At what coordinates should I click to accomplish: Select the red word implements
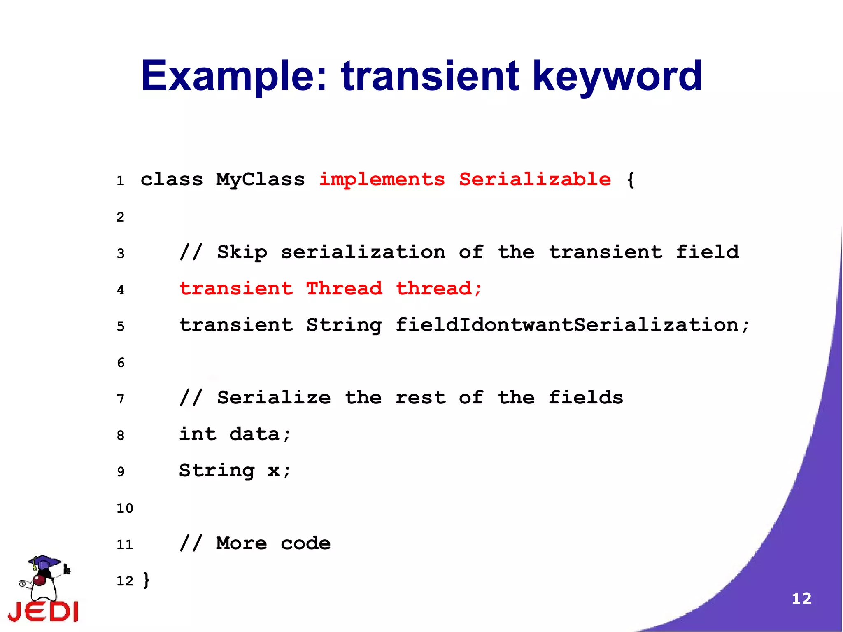click(x=382, y=180)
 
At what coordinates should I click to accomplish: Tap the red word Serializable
click(x=535, y=180)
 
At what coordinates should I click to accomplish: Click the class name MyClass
click(x=260, y=180)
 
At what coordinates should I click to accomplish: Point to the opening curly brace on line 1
click(x=630, y=180)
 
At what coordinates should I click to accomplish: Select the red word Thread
click(x=344, y=289)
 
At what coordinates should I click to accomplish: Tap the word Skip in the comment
click(x=242, y=252)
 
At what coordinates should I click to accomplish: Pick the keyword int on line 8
click(x=198, y=434)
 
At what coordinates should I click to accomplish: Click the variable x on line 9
click(x=274, y=471)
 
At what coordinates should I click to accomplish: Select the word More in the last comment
click(x=241, y=543)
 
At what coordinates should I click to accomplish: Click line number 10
click(x=125, y=508)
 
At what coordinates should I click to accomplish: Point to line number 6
click(x=121, y=363)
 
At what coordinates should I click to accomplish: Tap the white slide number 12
click(x=801, y=599)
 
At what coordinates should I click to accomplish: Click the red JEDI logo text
click(x=43, y=611)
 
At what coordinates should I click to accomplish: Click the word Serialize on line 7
click(x=274, y=398)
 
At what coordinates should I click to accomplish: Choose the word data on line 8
click(x=254, y=434)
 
